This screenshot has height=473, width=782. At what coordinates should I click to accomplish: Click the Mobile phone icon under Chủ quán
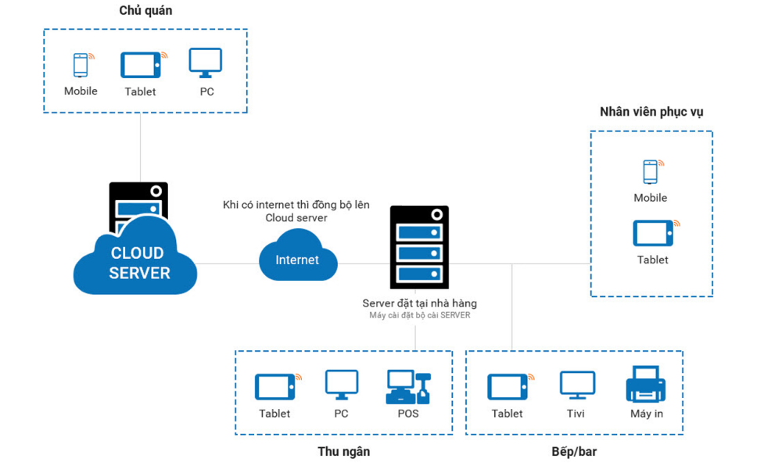(81, 65)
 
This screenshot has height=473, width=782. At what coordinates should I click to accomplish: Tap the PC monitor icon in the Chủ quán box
(206, 63)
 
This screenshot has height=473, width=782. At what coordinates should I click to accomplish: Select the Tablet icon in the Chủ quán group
(141, 66)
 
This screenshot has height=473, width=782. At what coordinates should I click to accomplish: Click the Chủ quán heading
(145, 11)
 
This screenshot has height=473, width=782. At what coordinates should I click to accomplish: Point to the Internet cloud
(298, 260)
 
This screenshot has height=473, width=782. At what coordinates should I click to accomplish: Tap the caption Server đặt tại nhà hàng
(419, 303)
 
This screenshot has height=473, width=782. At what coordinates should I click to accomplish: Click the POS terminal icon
(408, 386)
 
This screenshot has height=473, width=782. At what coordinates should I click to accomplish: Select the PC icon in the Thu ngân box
(342, 385)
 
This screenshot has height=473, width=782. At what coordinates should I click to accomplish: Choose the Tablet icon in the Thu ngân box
(274, 386)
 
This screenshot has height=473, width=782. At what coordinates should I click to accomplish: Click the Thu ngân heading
(343, 451)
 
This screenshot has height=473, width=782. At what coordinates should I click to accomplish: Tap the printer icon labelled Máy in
(646, 385)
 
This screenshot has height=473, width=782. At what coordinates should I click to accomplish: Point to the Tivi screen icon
(578, 385)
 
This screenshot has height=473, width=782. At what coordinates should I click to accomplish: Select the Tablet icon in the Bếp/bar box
(508, 386)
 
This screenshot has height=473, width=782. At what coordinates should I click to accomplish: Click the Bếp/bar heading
(574, 451)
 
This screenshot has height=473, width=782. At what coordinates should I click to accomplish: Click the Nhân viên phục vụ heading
(651, 112)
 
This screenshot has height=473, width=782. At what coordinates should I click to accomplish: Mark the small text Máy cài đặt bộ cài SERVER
(419, 316)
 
